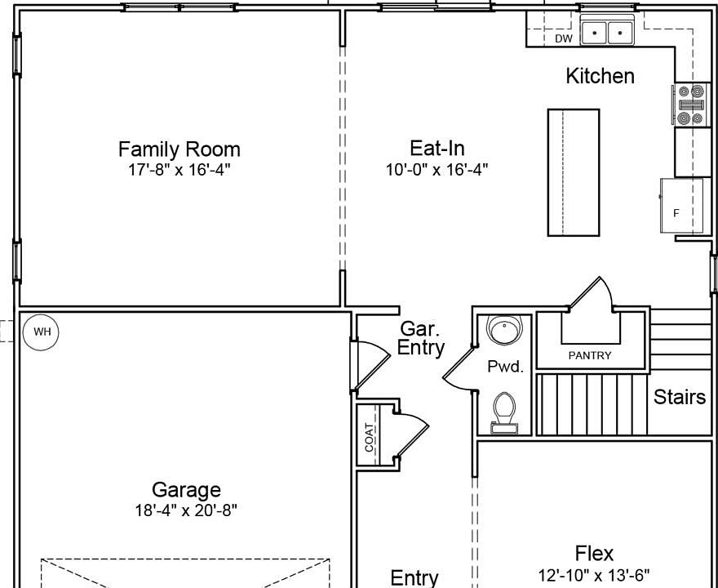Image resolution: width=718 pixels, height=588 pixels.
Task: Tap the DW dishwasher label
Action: tap(564, 39)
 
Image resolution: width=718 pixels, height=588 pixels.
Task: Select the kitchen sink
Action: tap(607, 31)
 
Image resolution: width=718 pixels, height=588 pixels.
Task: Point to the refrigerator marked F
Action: tap(681, 205)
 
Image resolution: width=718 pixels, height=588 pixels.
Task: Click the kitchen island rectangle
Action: tap(574, 172)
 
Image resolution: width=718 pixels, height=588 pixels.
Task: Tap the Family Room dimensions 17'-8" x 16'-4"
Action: tap(179, 170)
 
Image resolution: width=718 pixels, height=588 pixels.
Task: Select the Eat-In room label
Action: tap(437, 149)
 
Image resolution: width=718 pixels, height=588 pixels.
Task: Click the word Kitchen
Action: tap(601, 76)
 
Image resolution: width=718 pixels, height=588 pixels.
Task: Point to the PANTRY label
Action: tap(590, 355)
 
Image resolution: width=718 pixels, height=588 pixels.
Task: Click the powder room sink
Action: tap(504, 328)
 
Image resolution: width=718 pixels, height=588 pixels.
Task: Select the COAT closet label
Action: tap(370, 437)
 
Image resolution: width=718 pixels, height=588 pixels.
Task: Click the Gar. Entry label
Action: tap(421, 338)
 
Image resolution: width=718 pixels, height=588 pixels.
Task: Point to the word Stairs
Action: tap(680, 397)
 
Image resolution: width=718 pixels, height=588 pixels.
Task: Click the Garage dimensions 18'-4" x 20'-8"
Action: tap(186, 510)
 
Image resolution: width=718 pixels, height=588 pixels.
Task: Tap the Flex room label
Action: tap(594, 554)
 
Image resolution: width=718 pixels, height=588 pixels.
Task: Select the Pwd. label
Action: tap(505, 367)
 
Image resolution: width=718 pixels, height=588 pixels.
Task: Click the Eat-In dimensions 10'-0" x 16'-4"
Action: tap(437, 170)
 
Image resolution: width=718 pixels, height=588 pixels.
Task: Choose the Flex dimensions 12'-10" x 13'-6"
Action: tap(594, 575)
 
